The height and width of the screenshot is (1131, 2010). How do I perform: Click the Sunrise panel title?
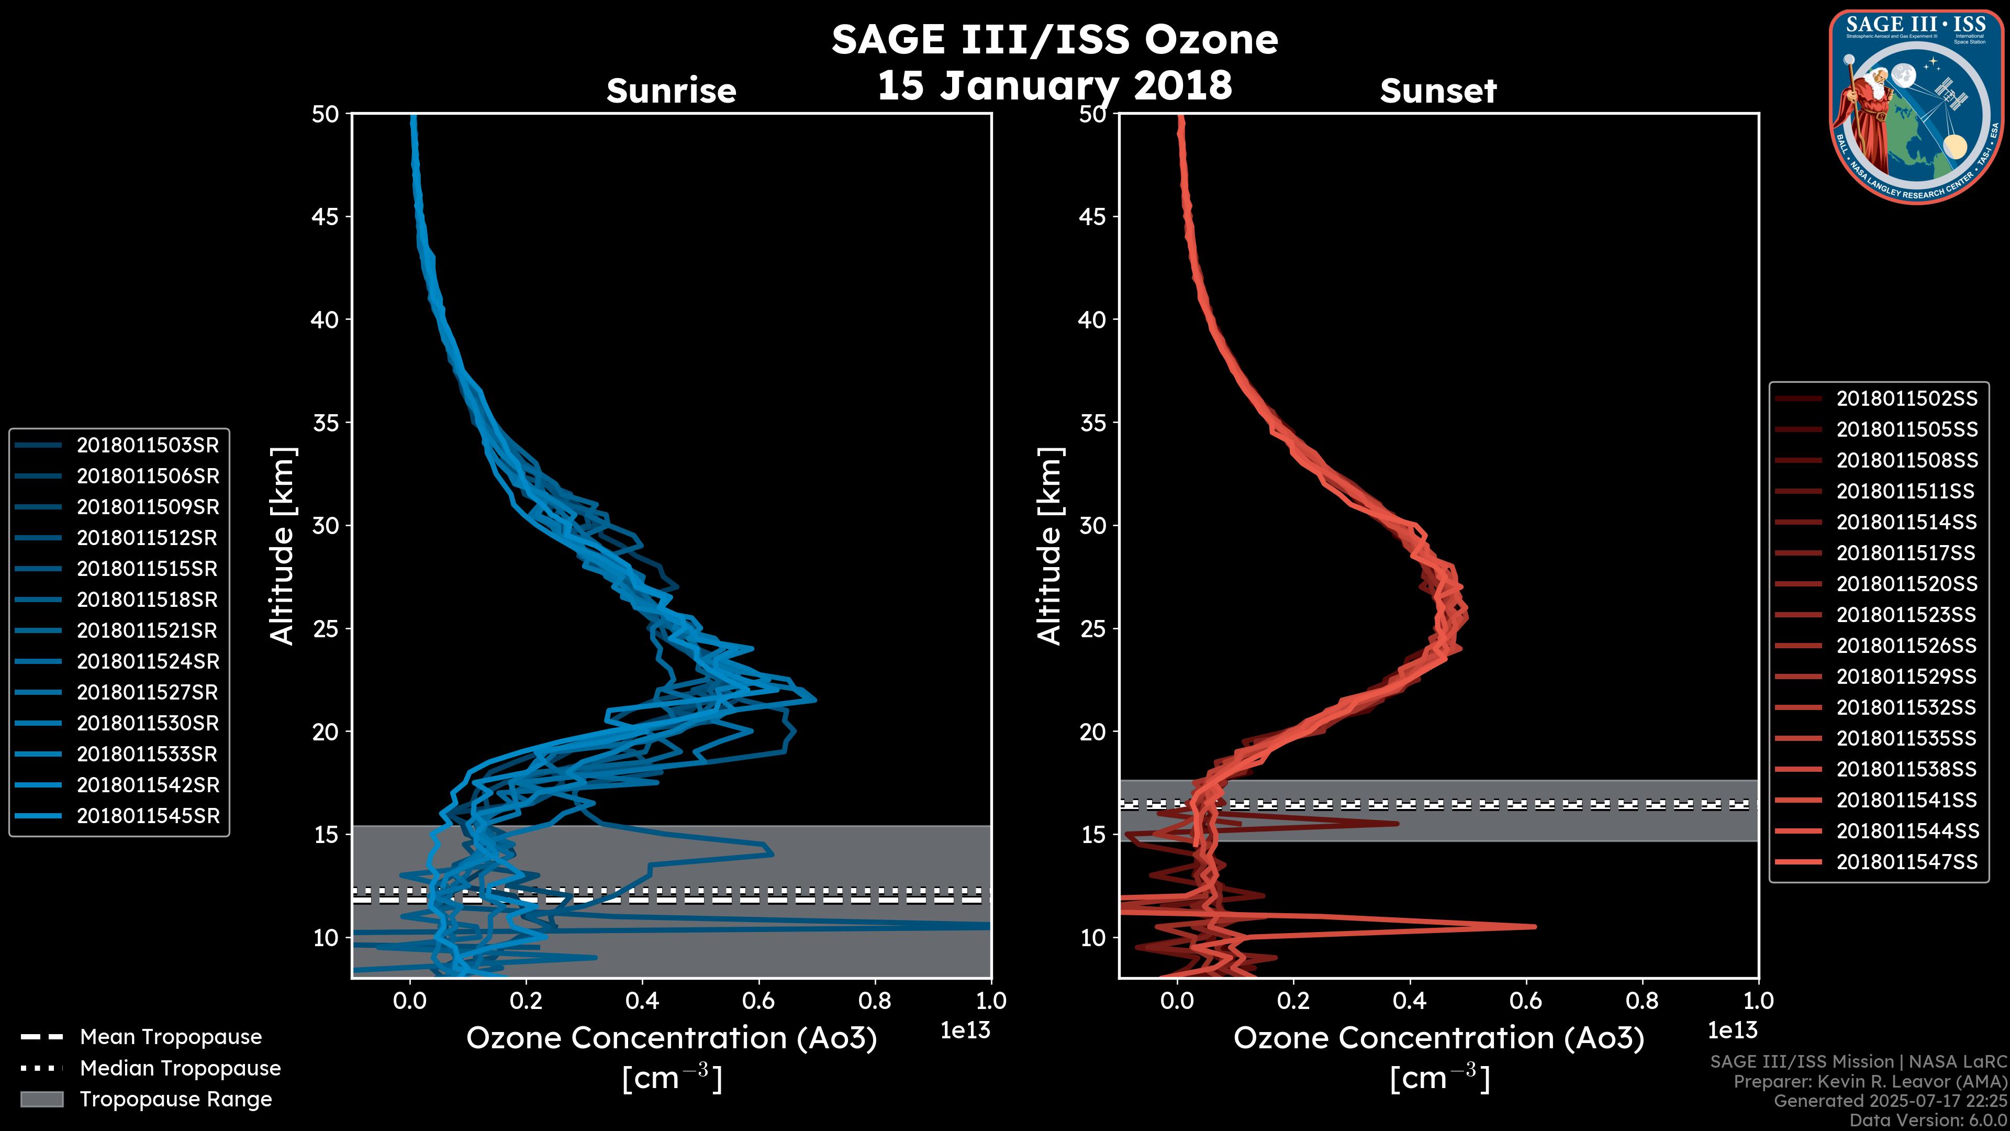point(671,91)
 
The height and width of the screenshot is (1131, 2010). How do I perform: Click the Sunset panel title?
point(1437,91)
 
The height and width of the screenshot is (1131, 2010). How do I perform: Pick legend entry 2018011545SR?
point(148,816)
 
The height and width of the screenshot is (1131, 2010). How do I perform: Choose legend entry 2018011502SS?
point(1906,399)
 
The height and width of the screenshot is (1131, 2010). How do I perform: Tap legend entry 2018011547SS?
point(1906,862)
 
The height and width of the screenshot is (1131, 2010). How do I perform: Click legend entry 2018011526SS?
point(1906,646)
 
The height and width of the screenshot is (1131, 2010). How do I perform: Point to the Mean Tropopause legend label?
point(171,1037)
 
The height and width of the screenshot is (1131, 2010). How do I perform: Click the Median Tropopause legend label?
point(180,1068)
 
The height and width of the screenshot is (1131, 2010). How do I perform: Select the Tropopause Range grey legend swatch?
point(41,1099)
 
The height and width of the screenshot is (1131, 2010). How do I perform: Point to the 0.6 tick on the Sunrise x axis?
point(758,1001)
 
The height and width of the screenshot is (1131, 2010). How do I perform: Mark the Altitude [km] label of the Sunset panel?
point(1049,546)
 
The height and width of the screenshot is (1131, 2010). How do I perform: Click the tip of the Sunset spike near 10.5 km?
point(1535,926)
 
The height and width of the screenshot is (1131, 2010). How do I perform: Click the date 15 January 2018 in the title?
point(1054,85)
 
